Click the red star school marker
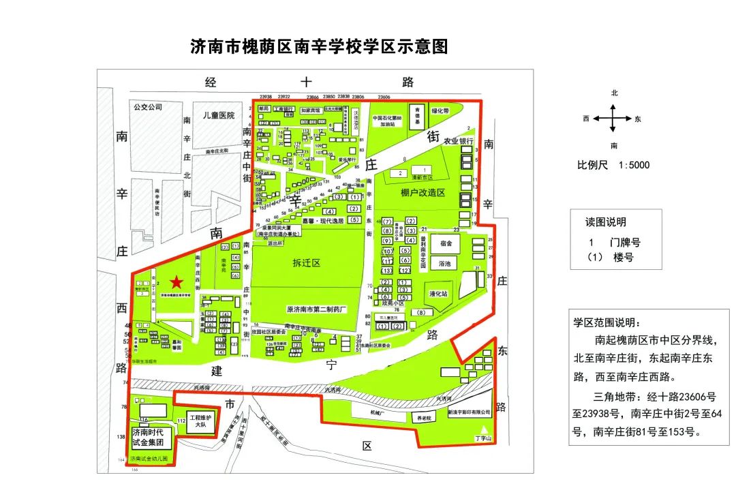click(x=177, y=281)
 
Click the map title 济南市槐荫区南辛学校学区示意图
click(x=320, y=47)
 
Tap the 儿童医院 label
click(x=213, y=115)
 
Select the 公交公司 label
click(x=149, y=107)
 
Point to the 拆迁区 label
click(x=307, y=262)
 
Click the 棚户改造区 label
click(x=423, y=193)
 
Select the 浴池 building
click(x=446, y=263)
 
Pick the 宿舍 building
click(x=446, y=243)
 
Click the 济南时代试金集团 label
click(x=152, y=438)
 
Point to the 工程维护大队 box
click(x=201, y=421)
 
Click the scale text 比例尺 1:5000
click(x=613, y=165)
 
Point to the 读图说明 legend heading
click(x=606, y=222)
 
